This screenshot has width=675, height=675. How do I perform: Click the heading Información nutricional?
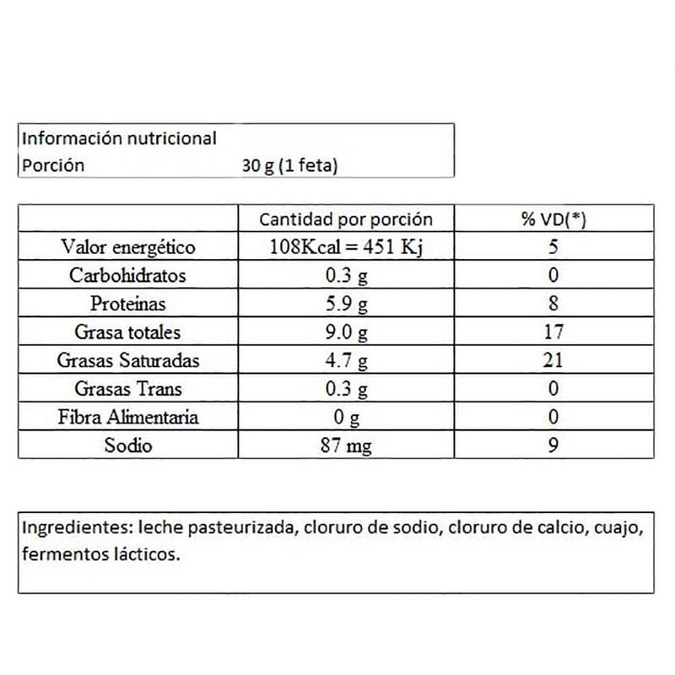[119, 138]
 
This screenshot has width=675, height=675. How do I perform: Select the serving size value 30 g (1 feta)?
[289, 165]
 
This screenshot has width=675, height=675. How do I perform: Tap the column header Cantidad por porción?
[346, 220]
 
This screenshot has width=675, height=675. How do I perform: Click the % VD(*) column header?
[553, 220]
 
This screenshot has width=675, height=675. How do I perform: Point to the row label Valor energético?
[128, 248]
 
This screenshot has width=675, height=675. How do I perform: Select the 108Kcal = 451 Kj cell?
[346, 248]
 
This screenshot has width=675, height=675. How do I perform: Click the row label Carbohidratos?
[128, 276]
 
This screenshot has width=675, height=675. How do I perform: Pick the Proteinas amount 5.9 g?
[346, 304]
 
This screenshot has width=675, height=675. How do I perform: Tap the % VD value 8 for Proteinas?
[553, 304]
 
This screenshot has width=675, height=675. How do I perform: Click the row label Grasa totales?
[128, 332]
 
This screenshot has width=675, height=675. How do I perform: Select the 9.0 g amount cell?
[346, 332]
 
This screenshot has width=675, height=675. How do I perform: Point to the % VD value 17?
[553, 332]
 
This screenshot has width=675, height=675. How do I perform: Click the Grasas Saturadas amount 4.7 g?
[346, 361]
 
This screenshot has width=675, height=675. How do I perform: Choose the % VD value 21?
[553, 361]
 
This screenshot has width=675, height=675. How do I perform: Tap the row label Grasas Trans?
[128, 389]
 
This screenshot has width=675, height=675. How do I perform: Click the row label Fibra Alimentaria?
[128, 417]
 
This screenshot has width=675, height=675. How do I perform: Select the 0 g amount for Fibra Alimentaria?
[346, 417]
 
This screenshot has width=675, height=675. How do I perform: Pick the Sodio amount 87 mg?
[346, 445]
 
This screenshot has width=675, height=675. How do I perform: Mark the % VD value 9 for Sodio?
[553, 445]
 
